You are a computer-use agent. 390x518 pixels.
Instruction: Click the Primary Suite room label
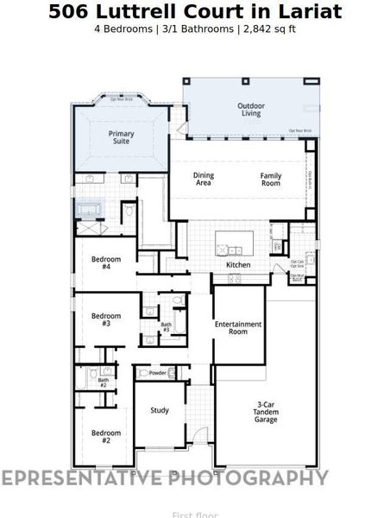pyautogui.click(x=121, y=138)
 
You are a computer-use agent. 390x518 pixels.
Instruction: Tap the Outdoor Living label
pyautogui.click(x=251, y=110)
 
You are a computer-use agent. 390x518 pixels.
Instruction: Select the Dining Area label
pyautogui.click(x=203, y=179)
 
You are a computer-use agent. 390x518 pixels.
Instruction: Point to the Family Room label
pyautogui.click(x=271, y=179)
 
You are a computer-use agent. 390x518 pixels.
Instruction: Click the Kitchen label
pyautogui.click(x=238, y=265)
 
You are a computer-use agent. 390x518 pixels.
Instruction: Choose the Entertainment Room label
pyautogui.click(x=238, y=327)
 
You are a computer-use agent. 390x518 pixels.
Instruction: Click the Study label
pyautogui.click(x=160, y=410)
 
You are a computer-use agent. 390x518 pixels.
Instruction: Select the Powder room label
pyautogui.click(x=158, y=373)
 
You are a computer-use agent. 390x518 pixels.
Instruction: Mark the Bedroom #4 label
pyautogui.click(x=106, y=262)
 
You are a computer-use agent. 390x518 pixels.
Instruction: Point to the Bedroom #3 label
pyautogui.click(x=106, y=319)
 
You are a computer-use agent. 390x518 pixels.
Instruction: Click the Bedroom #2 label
pyautogui.click(x=106, y=436)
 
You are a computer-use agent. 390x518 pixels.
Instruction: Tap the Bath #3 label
pyautogui.click(x=166, y=327)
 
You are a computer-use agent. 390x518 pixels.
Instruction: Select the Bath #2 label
pyautogui.click(x=103, y=382)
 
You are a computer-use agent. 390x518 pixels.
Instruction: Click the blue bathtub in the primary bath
pyautogui.click(x=90, y=210)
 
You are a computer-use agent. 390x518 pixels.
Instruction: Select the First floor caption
pyautogui.click(x=195, y=515)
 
